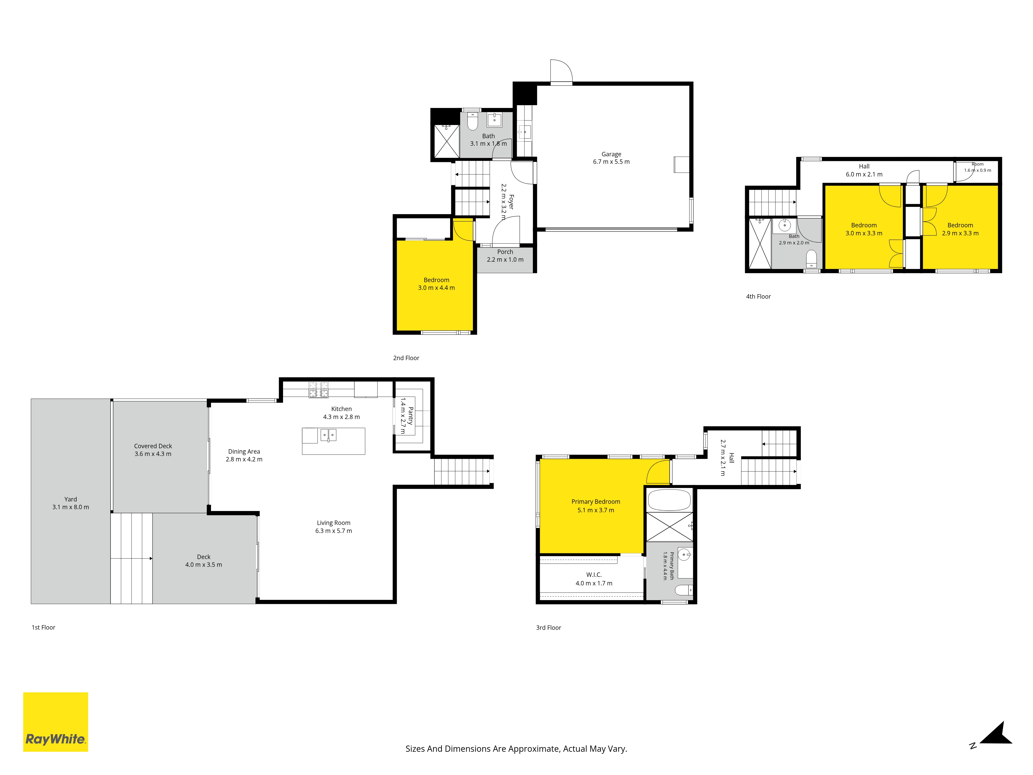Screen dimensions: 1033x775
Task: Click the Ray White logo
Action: click(56, 722)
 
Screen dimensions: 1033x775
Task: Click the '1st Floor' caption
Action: click(43, 627)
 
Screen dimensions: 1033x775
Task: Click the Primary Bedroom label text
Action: click(596, 502)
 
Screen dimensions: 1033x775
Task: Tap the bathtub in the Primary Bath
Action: click(669, 500)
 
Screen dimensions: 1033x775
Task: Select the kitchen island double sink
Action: click(328, 435)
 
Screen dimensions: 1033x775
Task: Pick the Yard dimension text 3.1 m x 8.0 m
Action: click(71, 507)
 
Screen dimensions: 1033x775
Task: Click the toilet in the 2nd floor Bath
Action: click(473, 121)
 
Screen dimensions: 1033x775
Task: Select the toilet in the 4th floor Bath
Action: click(812, 258)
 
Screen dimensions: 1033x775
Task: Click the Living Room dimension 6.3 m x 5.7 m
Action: click(333, 531)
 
